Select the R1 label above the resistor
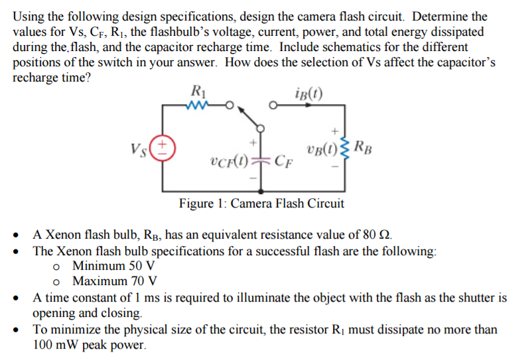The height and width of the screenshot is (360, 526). click(x=197, y=90)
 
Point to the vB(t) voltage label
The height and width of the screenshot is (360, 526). click(x=322, y=149)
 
